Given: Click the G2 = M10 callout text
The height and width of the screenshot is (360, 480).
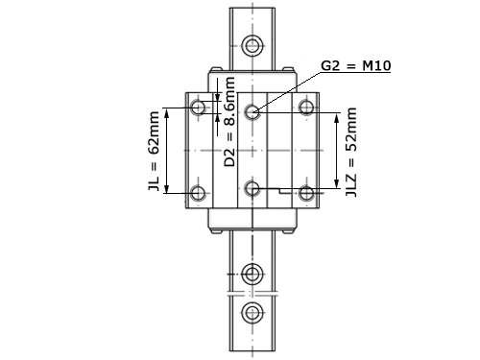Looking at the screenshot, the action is pyautogui.click(x=356, y=66).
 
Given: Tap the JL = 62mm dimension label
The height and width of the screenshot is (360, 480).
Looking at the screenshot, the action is pyautogui.click(x=154, y=151).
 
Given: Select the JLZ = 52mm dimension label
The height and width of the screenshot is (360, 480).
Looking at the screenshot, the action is pyautogui.click(x=351, y=152).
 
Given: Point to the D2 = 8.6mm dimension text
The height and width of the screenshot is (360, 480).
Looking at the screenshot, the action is pyautogui.click(x=229, y=122).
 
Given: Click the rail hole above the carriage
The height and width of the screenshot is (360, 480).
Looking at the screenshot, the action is pyautogui.click(x=252, y=45).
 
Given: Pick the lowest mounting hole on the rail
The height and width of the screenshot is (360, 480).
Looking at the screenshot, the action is pyautogui.click(x=252, y=312).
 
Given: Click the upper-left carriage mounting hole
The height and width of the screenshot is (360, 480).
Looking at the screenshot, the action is pyautogui.click(x=198, y=107).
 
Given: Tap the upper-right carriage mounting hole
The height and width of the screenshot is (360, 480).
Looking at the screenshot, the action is pyautogui.click(x=306, y=107).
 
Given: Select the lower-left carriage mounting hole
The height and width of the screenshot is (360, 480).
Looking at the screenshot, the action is pyautogui.click(x=198, y=193).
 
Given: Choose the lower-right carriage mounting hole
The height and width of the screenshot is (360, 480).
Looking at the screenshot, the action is pyautogui.click(x=306, y=193).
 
